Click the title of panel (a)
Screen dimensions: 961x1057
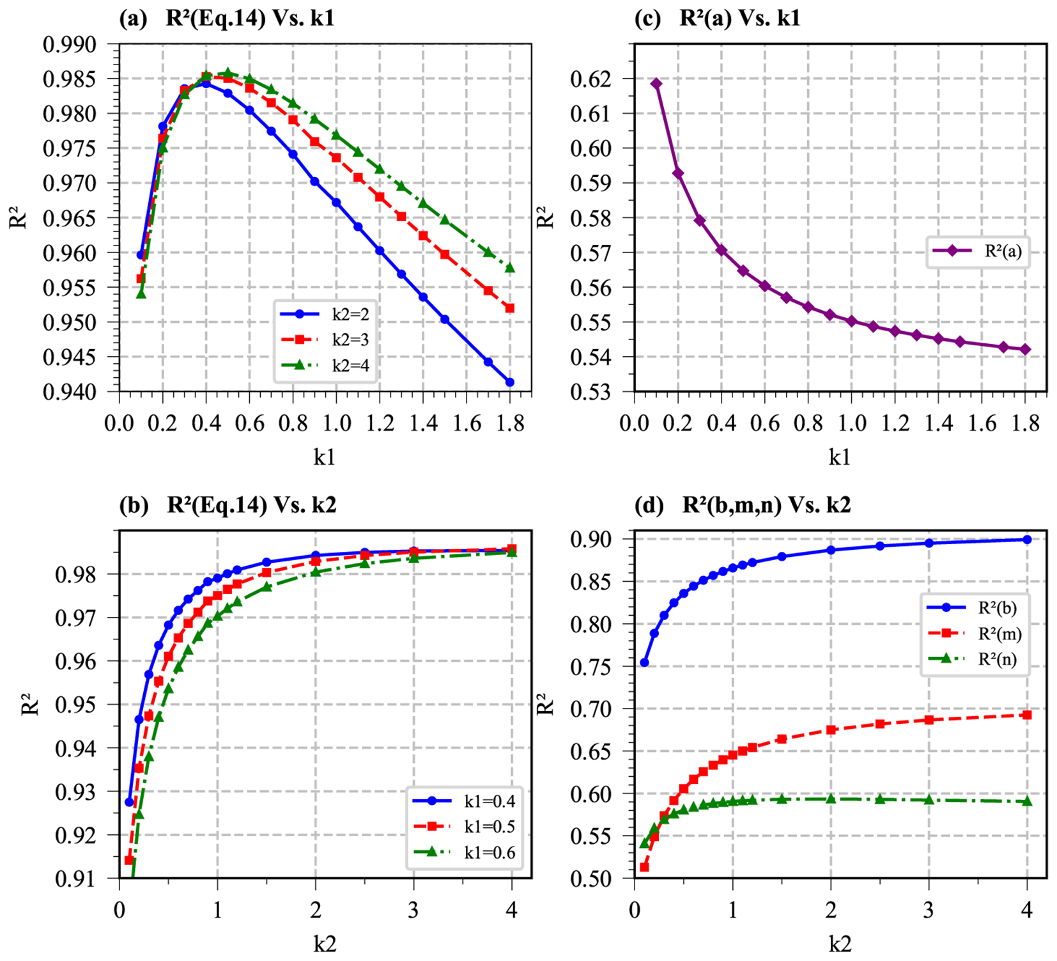pos(227,17)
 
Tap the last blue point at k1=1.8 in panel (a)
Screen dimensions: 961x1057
pos(510,382)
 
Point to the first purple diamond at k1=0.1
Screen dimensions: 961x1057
pos(656,84)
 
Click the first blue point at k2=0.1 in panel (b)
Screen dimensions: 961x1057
pos(129,802)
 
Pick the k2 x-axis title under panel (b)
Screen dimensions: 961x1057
pos(325,944)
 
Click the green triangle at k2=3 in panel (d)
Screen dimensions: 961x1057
pos(929,800)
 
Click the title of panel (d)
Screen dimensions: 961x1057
pos(743,505)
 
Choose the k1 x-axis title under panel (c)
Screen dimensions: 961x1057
pos(840,457)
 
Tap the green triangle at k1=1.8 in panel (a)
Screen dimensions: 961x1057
pos(510,267)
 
